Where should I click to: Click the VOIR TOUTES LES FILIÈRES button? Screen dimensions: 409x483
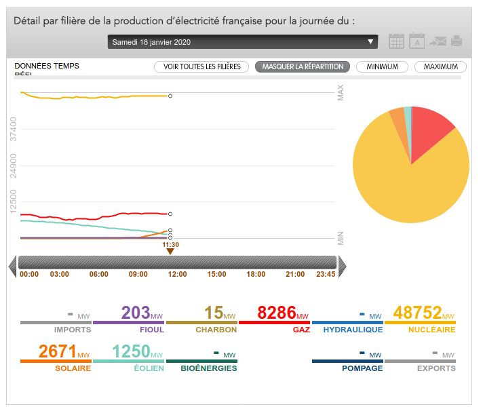[x=201, y=66]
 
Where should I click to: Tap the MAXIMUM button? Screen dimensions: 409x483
[x=440, y=66]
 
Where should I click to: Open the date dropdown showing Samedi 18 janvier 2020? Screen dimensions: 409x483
[x=242, y=42]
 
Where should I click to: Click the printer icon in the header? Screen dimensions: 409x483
[x=457, y=41]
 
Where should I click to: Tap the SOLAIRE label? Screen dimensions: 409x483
[x=73, y=368]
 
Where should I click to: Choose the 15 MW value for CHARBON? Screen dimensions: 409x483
[x=214, y=313]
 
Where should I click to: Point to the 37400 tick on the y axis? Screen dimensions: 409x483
[x=14, y=129]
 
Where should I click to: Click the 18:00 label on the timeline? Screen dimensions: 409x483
[x=256, y=275]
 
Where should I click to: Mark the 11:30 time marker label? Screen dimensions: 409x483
[x=170, y=244]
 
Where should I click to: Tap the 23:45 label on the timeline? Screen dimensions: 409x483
[x=326, y=275]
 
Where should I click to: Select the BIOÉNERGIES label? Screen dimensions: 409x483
[x=209, y=368]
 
